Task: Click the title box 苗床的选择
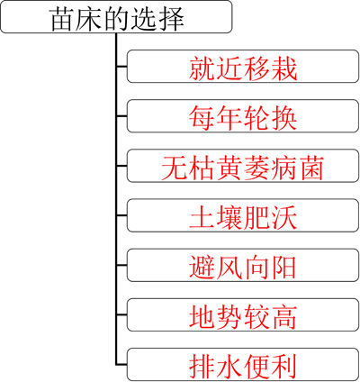tap(116, 17)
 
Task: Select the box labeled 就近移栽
tap(243, 67)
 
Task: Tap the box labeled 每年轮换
tap(243, 116)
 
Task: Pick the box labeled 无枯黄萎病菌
tap(243, 166)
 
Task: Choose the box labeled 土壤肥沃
tap(243, 215)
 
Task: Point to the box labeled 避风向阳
tap(243, 266)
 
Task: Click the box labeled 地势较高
tap(243, 315)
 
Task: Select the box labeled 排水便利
tap(243, 365)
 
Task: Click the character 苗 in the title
tap(62, 19)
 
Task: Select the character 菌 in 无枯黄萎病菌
tap(310, 168)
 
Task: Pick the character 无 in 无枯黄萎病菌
tap(175, 168)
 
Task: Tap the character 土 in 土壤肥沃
tap(202, 218)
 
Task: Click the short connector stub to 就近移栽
tap(121, 67)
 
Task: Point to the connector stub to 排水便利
tap(121, 365)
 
